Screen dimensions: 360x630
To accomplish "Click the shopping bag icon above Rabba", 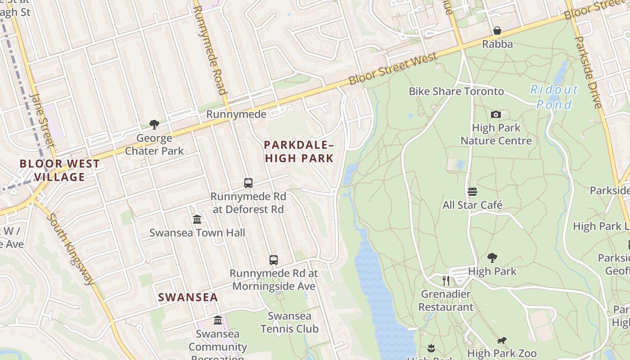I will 497,31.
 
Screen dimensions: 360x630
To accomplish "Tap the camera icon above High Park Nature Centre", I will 496,114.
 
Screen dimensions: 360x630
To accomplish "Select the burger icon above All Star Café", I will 472,192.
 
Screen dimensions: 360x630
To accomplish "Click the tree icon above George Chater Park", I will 154,124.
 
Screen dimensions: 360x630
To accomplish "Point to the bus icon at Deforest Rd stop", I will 248,183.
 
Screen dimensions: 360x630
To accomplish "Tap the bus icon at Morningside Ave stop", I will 273,260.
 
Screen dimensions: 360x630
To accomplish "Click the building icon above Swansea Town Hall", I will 197,219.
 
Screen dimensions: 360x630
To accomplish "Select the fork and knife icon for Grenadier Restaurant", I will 445,281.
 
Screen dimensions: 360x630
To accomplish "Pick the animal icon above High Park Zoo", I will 501,340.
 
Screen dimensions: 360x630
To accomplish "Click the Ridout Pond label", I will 554,97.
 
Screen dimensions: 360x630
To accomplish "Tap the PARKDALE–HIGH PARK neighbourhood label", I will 299,152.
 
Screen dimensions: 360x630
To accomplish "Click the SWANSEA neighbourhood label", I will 188,297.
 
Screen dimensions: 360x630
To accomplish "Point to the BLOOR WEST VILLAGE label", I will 59,170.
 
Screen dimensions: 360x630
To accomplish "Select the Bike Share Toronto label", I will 456,91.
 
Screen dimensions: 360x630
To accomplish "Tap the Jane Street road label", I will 42,119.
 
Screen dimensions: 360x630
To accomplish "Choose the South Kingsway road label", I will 71,248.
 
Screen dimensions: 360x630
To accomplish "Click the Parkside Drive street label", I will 588,72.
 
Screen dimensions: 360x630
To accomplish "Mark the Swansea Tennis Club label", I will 289,322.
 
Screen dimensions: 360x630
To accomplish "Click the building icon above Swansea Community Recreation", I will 218,320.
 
